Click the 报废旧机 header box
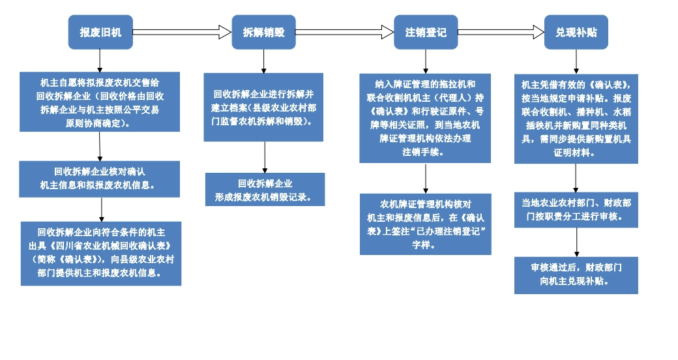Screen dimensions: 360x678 pyautogui.click(x=100, y=32)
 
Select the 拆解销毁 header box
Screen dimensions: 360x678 pyautogui.click(x=263, y=32)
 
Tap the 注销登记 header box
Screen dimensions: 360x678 pyautogui.click(x=426, y=32)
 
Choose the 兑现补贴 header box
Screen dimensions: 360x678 pyautogui.click(x=576, y=32)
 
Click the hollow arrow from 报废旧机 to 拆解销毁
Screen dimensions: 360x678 pyautogui.click(x=182, y=32)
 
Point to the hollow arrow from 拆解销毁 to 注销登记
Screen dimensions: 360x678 pyautogui.click(x=344, y=32)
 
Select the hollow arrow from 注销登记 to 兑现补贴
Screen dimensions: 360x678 pyautogui.click(x=501, y=32)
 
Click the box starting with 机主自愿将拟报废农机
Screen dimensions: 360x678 pyautogui.click(x=100, y=102)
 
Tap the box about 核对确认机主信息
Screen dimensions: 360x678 pyautogui.click(x=100, y=179)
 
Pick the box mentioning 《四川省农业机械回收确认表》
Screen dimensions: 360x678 pyautogui.click(x=101, y=253)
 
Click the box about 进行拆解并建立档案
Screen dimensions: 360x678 pyautogui.click(x=263, y=107)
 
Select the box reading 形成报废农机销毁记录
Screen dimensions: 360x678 pyautogui.click(x=265, y=190)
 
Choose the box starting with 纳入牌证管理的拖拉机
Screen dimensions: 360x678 pyautogui.click(x=425, y=118)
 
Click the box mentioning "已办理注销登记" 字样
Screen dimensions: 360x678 pyautogui.click(x=426, y=224)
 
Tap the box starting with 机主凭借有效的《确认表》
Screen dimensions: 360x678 pyautogui.click(x=576, y=118)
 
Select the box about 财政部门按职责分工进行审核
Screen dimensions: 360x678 pyautogui.click(x=576, y=209)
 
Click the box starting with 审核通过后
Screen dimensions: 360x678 pyautogui.click(x=576, y=275)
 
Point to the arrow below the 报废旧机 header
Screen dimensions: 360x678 pyautogui.click(x=100, y=61)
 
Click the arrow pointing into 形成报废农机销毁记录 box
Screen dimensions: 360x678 pyautogui.click(x=264, y=157)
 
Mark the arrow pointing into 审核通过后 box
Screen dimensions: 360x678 pyautogui.click(x=576, y=242)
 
